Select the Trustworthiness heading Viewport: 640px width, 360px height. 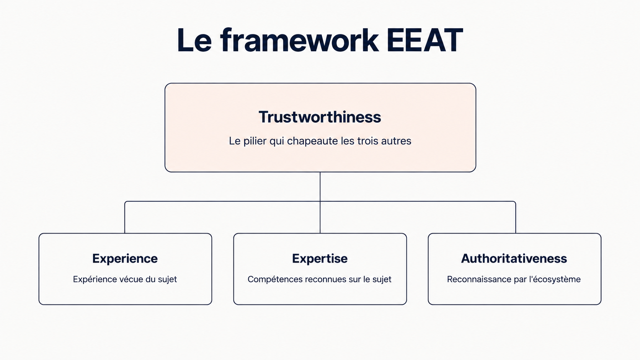coord(320,117)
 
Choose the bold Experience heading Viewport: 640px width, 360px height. coord(125,259)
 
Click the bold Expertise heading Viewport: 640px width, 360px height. coord(320,259)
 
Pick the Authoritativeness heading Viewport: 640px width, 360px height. coord(514,258)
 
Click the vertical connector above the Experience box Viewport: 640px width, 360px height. coord(125,218)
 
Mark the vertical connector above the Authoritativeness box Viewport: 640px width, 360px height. coord(516,218)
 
